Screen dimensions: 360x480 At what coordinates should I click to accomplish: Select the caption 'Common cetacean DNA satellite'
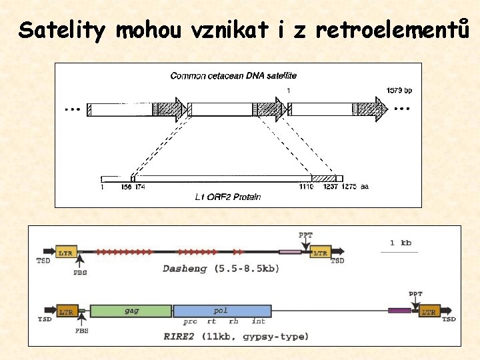pyautogui.click(x=233, y=76)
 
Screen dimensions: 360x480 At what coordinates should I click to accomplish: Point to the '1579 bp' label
pyautogui.click(x=399, y=90)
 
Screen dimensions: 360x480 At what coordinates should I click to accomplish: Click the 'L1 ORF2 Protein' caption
pyautogui.click(x=227, y=197)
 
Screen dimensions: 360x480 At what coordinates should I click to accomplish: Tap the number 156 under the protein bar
pyautogui.click(x=125, y=187)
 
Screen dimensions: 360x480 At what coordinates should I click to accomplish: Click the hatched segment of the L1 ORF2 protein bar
pyautogui.click(x=323, y=178)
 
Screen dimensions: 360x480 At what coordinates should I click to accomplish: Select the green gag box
pyautogui.click(x=131, y=311)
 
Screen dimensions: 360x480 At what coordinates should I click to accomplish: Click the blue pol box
pyautogui.click(x=222, y=311)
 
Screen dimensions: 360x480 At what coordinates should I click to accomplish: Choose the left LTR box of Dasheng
pyautogui.click(x=65, y=253)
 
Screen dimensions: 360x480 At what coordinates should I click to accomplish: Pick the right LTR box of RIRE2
pyautogui.click(x=429, y=311)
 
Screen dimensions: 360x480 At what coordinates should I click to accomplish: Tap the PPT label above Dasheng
pyautogui.click(x=305, y=235)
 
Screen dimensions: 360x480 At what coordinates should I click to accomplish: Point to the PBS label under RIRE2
pyautogui.click(x=82, y=330)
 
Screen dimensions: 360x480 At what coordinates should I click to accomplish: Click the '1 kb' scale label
pyautogui.click(x=400, y=243)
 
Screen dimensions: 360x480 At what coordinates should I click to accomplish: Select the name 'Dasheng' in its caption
pyautogui.click(x=185, y=269)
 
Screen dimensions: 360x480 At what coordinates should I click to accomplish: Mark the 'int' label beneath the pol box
pyautogui.click(x=258, y=321)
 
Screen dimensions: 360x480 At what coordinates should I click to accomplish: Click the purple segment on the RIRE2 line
pyautogui.click(x=399, y=311)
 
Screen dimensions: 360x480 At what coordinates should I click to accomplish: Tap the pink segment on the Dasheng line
pyautogui.click(x=289, y=252)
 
